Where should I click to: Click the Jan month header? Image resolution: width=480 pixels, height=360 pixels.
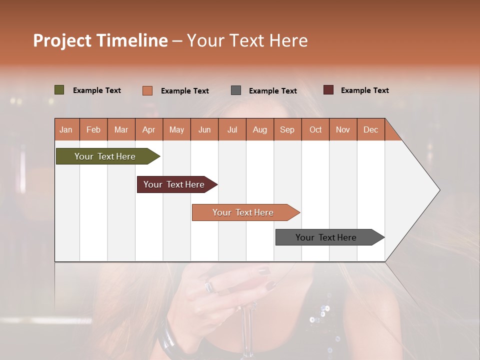(66, 130)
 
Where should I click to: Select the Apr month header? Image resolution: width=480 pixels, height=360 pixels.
(148, 130)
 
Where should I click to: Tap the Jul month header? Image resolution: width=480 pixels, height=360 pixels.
(232, 130)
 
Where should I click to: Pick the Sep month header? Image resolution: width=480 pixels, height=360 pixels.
(287, 130)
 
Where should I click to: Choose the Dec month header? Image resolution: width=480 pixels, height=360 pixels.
(370, 130)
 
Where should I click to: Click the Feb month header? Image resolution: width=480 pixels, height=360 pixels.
(93, 130)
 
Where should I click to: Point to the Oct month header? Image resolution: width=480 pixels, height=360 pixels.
(315, 130)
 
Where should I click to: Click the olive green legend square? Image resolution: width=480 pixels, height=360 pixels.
(59, 90)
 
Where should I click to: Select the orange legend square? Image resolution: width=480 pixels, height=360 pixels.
(147, 90)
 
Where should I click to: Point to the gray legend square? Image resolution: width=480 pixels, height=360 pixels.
(236, 90)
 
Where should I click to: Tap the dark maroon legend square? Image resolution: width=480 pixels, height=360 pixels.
(328, 90)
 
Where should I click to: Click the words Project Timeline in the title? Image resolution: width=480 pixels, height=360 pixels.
(100, 40)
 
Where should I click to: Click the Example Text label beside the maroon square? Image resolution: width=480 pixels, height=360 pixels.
(364, 90)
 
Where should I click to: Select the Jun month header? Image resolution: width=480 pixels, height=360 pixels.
(204, 130)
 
